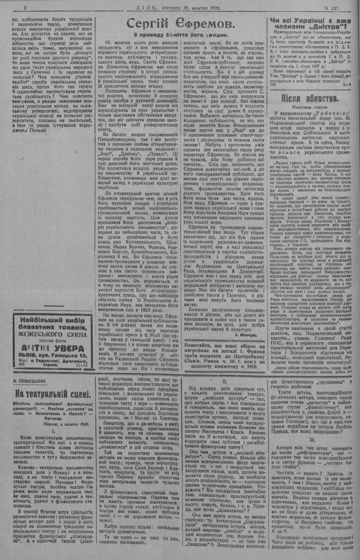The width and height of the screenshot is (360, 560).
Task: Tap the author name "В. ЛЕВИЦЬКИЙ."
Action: click(x=28, y=380)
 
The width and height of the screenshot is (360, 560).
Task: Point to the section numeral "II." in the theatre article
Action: click(x=224, y=381)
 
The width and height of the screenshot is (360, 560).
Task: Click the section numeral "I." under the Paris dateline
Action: click(x=53, y=429)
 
